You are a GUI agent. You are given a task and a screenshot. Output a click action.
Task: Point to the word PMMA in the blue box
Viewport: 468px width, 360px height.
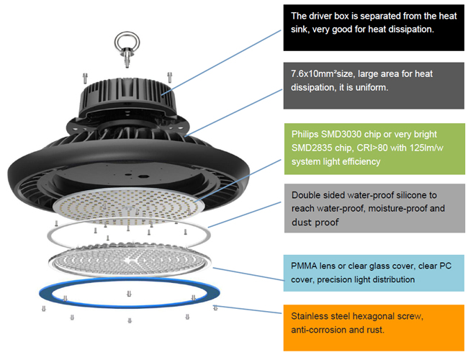click(x=305, y=266)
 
